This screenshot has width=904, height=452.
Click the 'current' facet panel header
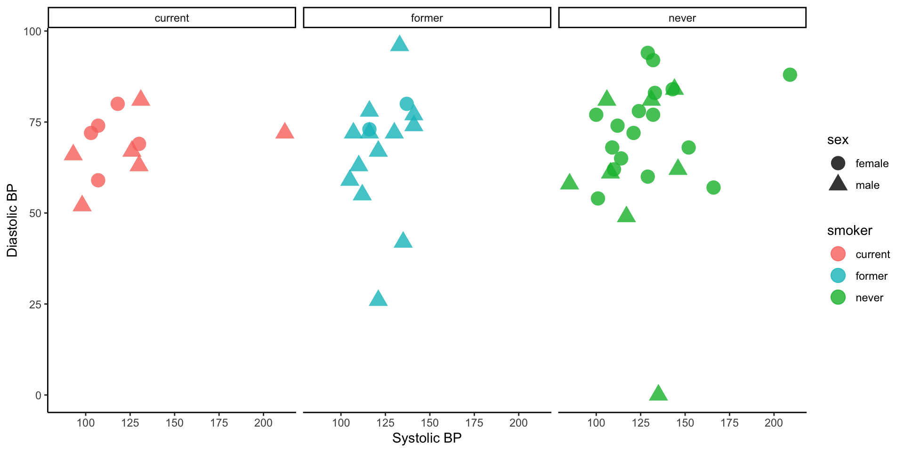tap(172, 18)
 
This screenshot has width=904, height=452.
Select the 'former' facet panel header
tap(427, 18)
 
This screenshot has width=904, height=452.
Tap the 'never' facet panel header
tap(682, 18)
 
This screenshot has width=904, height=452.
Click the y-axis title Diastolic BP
tap(12, 220)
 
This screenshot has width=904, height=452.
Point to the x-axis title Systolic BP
tap(427, 438)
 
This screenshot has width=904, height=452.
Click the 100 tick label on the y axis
tap(32, 32)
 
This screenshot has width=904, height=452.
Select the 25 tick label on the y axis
tap(35, 304)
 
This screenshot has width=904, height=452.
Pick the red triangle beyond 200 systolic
tap(284, 131)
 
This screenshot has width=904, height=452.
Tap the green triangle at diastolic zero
tap(658, 394)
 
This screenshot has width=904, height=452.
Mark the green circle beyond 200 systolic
tap(790, 75)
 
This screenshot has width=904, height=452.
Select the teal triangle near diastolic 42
tap(403, 241)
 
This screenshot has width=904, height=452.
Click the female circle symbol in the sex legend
tap(838, 163)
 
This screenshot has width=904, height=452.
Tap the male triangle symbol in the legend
tap(838, 184)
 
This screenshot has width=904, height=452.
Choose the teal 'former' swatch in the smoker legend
tap(838, 276)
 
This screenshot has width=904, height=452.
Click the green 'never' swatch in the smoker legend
tap(838, 298)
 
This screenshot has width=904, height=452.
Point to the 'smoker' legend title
tap(849, 231)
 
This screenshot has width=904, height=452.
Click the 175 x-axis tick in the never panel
tap(729, 423)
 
